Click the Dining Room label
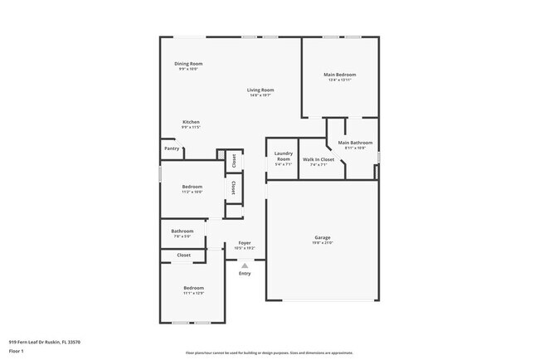tap(188, 64)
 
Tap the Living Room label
tap(260, 90)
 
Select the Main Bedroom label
tap(339, 75)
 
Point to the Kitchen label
tap(191, 122)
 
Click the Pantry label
tap(172, 148)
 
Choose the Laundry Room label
tap(283, 156)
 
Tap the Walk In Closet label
tap(318, 159)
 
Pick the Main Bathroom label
tap(355, 144)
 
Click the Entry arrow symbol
tap(245, 265)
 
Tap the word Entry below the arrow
tap(245, 273)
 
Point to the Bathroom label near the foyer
tap(182, 231)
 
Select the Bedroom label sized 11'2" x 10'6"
tap(192, 187)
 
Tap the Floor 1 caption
tap(17, 351)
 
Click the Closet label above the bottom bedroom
tap(183, 255)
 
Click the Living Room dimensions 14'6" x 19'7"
tap(260, 95)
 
